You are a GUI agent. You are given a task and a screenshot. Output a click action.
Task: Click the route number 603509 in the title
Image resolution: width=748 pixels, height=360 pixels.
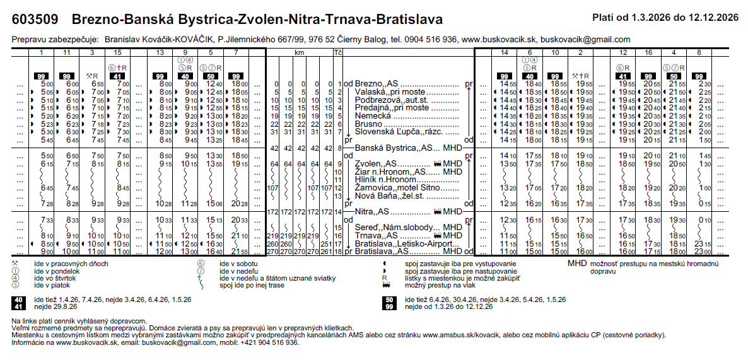pyautogui.click(x=37, y=19)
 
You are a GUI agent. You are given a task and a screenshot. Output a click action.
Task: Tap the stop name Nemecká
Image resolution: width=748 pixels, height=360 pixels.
pyautogui.click(x=373, y=116)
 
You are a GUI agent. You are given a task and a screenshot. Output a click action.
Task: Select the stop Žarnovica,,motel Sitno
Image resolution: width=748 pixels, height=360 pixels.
pyautogui.click(x=398, y=187)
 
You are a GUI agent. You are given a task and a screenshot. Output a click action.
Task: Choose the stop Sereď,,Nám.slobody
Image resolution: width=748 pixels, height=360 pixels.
pyautogui.click(x=396, y=227)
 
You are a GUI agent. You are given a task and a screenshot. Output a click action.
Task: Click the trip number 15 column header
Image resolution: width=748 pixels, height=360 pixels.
pyautogui.click(x=118, y=52)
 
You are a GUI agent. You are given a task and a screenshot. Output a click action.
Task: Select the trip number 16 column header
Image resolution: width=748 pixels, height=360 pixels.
pyautogui.click(x=649, y=52)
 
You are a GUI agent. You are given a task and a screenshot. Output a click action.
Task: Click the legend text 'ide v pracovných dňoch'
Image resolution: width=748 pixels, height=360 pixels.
pyautogui.click(x=64, y=263)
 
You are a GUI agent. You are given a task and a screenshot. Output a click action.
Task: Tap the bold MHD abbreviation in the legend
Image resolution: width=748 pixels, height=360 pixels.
pyautogui.click(x=577, y=263)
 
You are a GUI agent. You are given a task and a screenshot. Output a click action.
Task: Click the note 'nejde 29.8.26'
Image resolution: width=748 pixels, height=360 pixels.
pyautogui.click(x=57, y=307)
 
